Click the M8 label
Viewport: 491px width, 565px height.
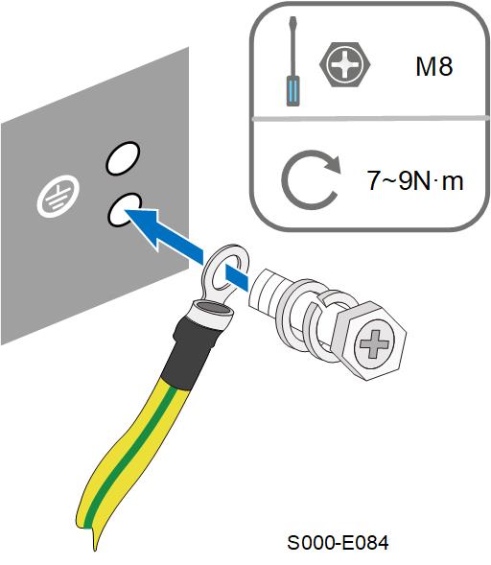click(433, 66)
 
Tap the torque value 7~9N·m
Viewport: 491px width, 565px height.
click(414, 180)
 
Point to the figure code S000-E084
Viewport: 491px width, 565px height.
click(338, 542)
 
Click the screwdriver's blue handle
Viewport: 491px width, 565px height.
click(292, 91)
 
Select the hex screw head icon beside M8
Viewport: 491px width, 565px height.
click(344, 64)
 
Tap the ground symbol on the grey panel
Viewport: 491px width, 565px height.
click(58, 196)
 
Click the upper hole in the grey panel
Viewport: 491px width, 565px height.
click(123, 158)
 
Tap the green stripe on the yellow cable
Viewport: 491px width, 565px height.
click(133, 451)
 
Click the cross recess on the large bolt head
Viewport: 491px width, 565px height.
click(375, 344)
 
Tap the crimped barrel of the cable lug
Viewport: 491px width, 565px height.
click(213, 313)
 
